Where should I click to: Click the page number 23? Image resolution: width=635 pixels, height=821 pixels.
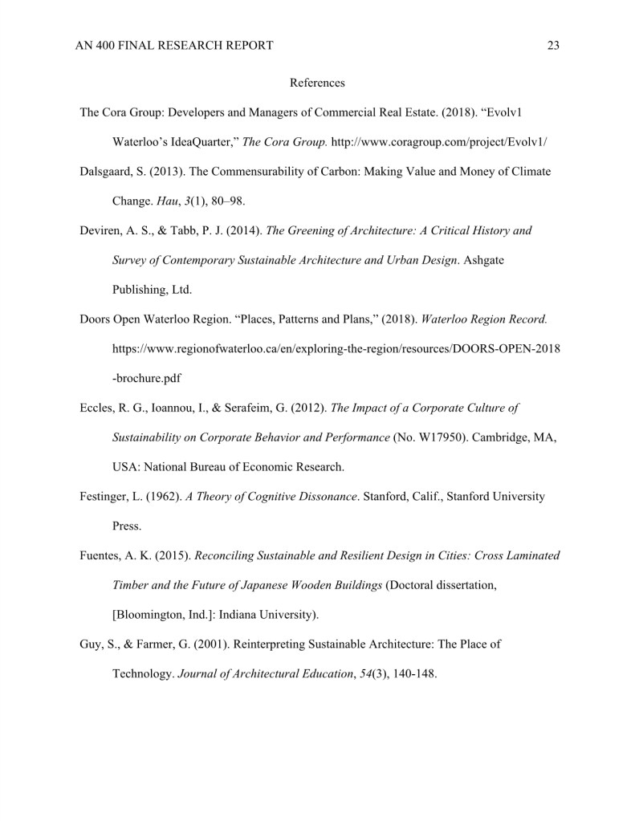pos(553,46)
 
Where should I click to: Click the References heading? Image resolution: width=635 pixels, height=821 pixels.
pos(317,83)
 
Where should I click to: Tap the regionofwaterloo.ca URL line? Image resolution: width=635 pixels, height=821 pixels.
pos(336,349)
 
